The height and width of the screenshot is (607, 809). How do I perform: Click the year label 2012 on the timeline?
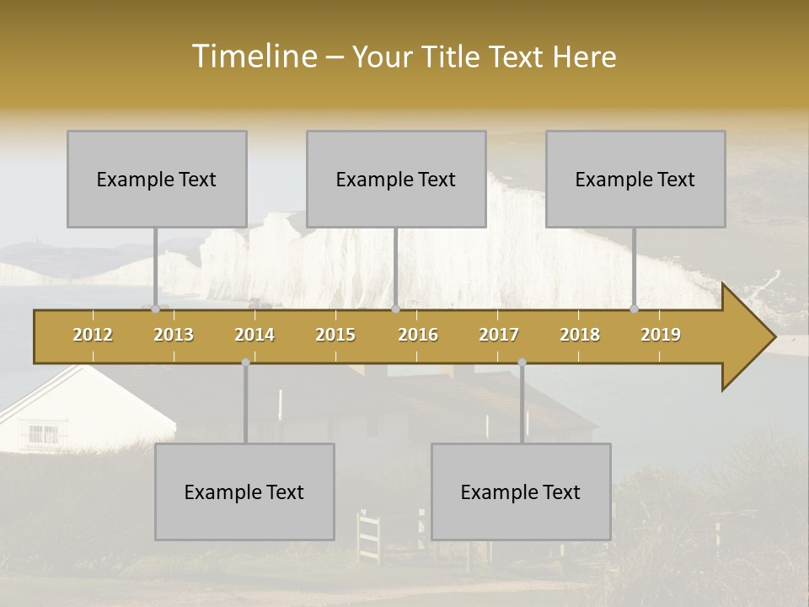click(93, 335)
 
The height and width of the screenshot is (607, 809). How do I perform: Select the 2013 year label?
click(174, 335)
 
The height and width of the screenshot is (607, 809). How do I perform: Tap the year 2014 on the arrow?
click(254, 335)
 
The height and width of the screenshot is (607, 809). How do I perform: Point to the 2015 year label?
click(335, 335)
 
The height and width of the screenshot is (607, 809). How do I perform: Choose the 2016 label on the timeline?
click(418, 335)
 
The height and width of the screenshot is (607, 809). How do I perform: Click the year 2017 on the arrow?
click(499, 335)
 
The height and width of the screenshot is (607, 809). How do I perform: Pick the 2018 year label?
click(580, 335)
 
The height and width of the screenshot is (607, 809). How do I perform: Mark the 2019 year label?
click(661, 335)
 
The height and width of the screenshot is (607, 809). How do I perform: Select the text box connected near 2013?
click(157, 179)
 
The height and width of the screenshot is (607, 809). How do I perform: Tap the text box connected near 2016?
click(396, 179)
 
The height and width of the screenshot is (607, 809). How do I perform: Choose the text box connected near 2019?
click(635, 179)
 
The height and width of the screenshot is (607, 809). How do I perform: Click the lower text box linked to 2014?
click(244, 492)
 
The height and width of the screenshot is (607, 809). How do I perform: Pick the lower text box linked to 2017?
click(521, 492)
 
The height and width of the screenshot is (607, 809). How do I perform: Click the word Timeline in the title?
click(253, 56)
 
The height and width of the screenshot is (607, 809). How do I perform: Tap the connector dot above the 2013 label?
click(155, 309)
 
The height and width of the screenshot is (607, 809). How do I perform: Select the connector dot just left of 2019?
click(635, 309)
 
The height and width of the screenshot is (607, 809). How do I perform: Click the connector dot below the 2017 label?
click(522, 363)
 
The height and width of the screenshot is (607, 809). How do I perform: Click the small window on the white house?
click(44, 434)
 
